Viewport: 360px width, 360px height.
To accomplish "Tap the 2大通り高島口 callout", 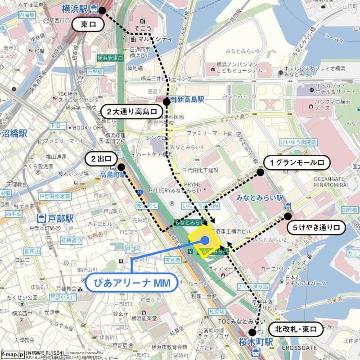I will [131, 111].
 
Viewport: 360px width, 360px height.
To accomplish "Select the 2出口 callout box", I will [101, 159].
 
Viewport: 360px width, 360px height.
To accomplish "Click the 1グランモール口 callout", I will [297, 162].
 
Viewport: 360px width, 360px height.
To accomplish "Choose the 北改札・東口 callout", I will [296, 329].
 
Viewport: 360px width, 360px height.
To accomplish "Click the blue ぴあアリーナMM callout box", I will [130, 283].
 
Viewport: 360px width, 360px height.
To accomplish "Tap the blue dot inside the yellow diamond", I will [205, 241].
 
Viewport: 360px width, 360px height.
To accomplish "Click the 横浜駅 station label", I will [75, 8].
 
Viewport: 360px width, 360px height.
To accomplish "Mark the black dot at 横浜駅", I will [102, 10].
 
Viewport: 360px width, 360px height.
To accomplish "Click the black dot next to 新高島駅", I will [166, 102].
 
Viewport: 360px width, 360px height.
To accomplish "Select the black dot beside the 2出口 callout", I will [121, 167].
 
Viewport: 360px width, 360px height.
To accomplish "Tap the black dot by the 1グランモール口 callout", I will [260, 171].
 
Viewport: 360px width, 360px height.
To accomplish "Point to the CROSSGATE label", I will [299, 348].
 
